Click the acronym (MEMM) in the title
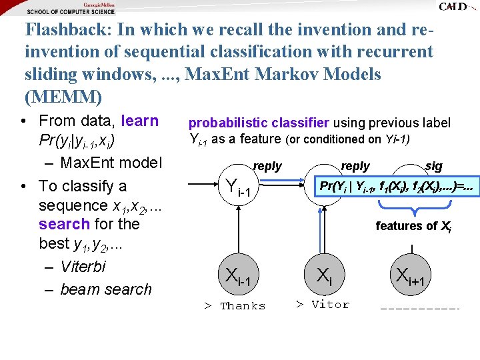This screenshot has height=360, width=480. pyautogui.click(x=63, y=97)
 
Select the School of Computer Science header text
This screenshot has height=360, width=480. pyautogui.click(x=71, y=11)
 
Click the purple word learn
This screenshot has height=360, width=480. pyautogui.click(x=140, y=121)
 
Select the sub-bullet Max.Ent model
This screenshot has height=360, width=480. pyautogui.click(x=111, y=163)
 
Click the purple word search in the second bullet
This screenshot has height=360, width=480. pyautogui.click(x=64, y=224)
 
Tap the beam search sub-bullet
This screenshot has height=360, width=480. pyautogui.click(x=105, y=289)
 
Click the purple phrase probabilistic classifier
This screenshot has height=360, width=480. pyautogui.click(x=259, y=123)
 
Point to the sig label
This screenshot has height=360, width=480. pyautogui.click(x=433, y=166)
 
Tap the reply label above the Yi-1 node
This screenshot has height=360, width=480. pyautogui.click(x=267, y=166)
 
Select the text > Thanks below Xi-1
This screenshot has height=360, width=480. pyautogui.click(x=235, y=306)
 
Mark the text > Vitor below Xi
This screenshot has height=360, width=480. pyautogui.click(x=322, y=305)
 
